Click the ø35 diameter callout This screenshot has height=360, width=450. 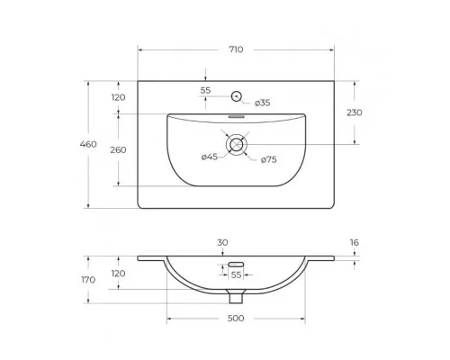(263, 103)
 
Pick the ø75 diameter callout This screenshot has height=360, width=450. (267, 159)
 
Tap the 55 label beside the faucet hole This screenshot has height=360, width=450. (205, 91)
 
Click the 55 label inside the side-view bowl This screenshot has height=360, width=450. (237, 274)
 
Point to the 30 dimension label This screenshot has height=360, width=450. (221, 242)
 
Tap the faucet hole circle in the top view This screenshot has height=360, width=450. (238, 95)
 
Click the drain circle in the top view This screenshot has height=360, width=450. (238, 144)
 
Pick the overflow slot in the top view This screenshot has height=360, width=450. (238, 116)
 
